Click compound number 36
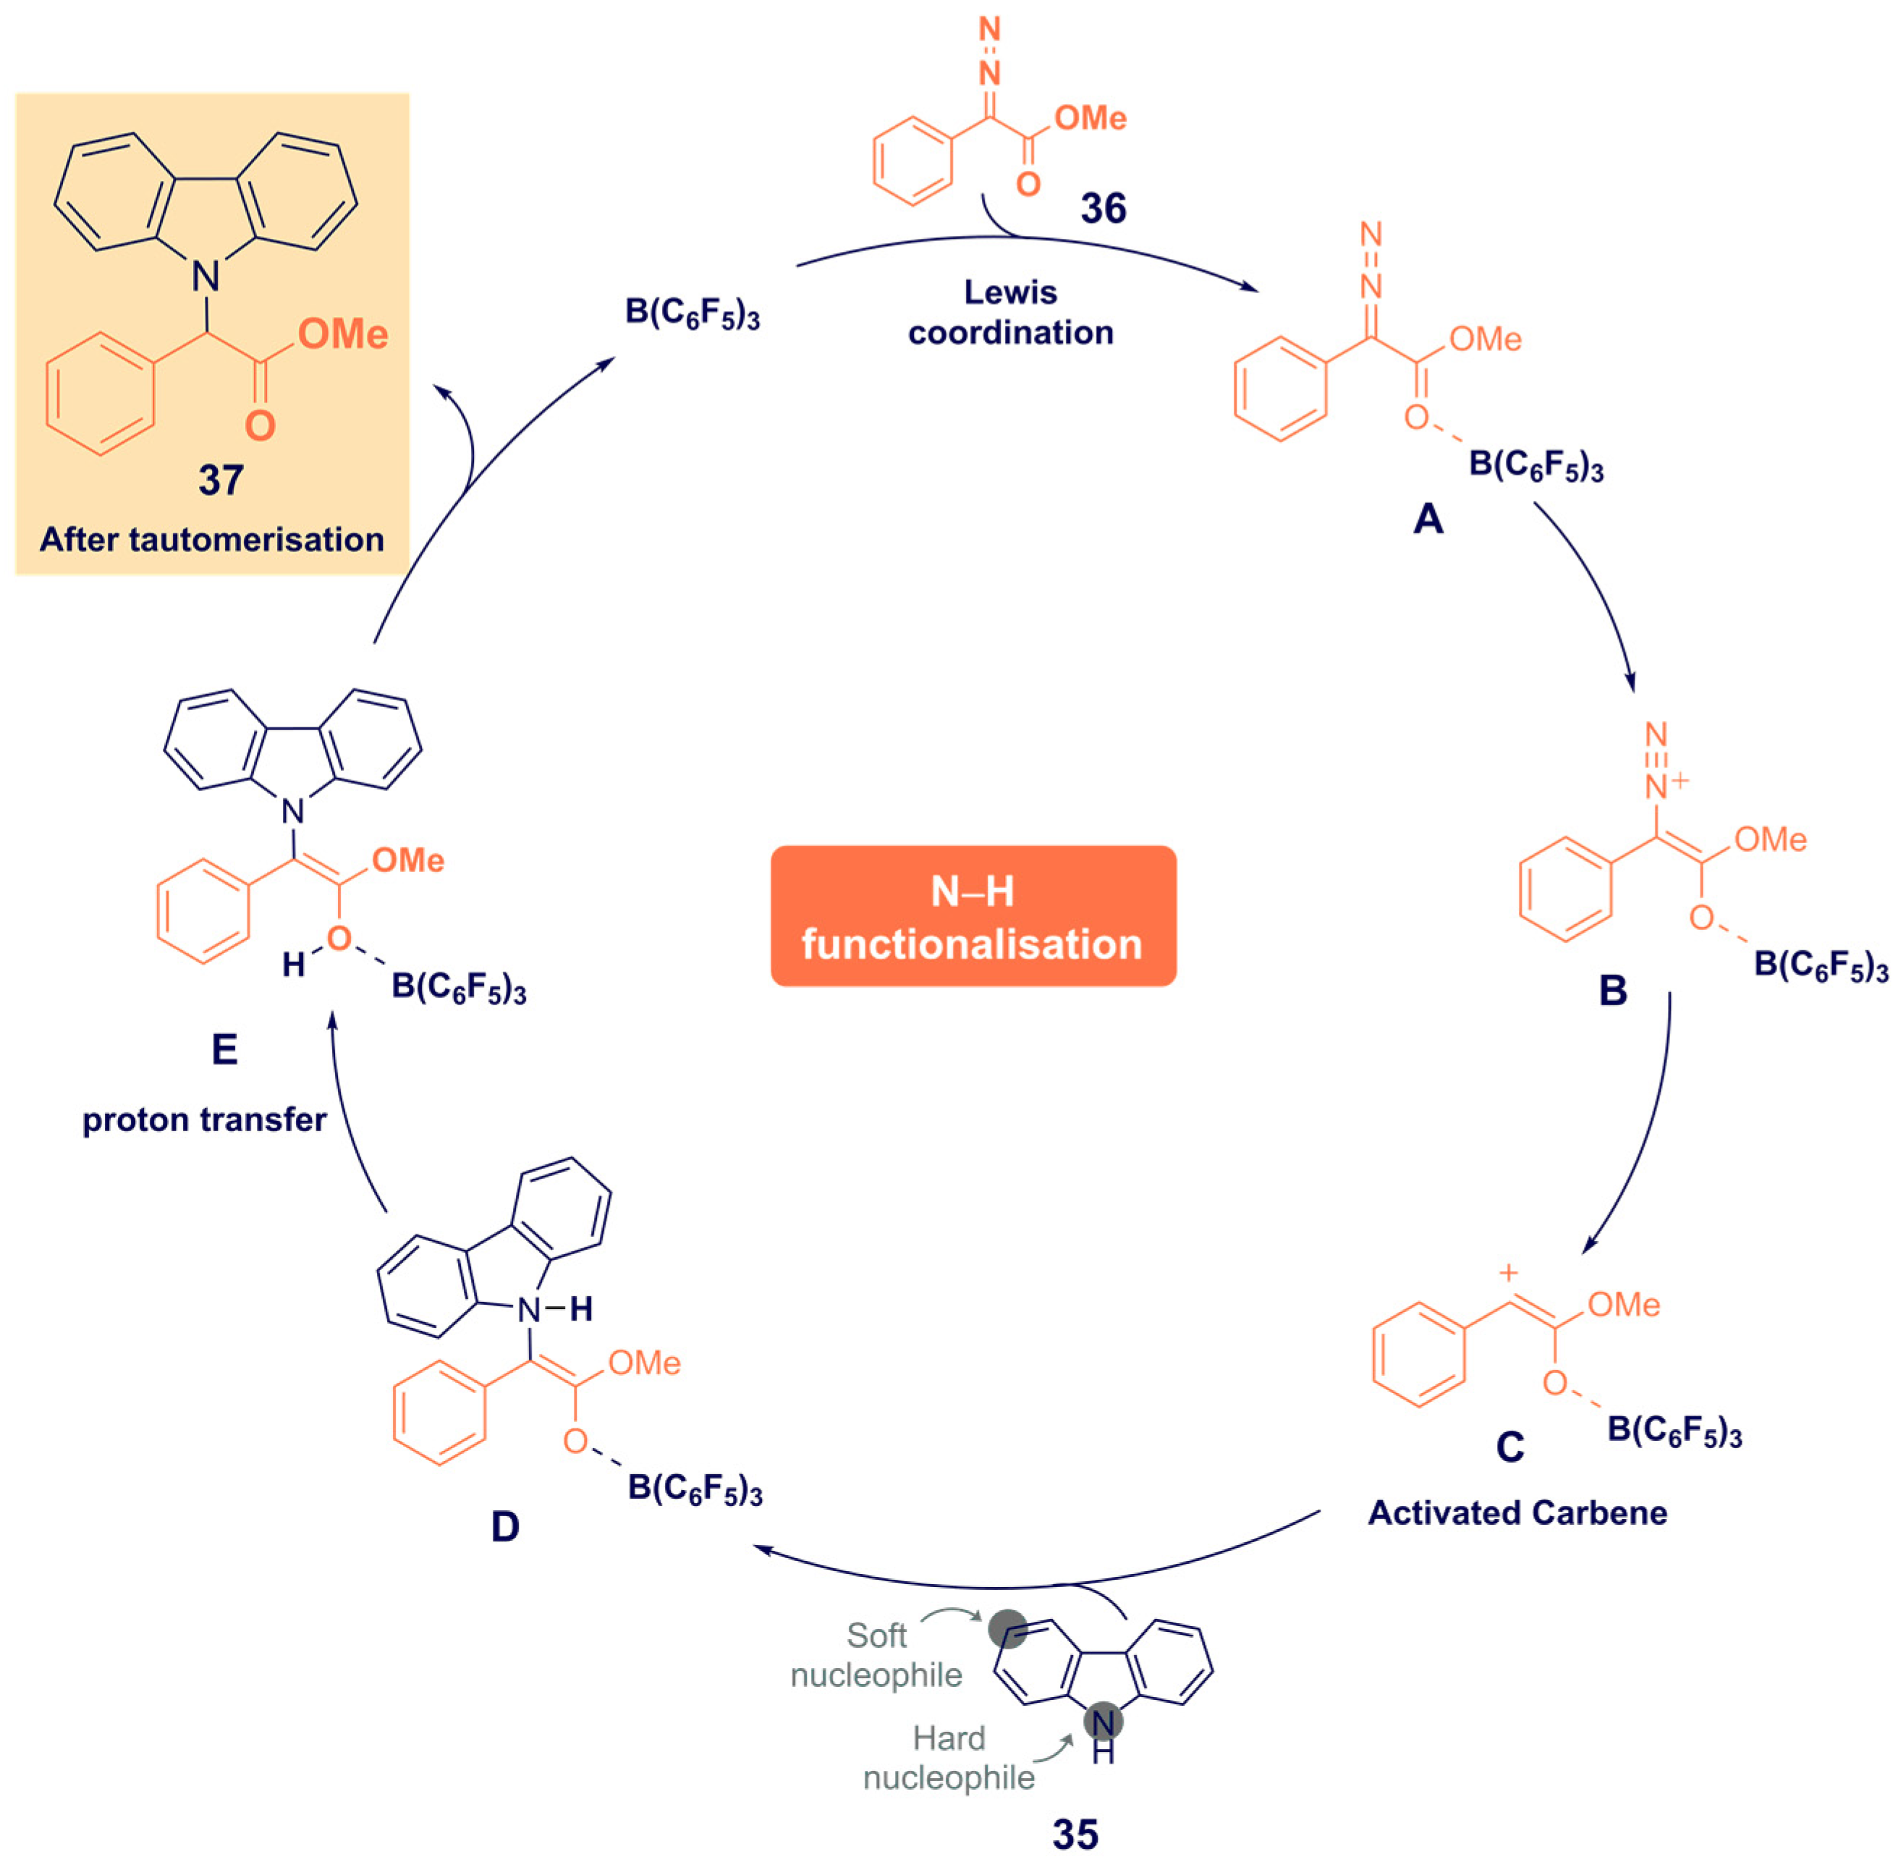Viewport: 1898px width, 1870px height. (x=1103, y=208)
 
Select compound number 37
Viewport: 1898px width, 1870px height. (x=221, y=481)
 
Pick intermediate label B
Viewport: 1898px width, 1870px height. (x=1612, y=991)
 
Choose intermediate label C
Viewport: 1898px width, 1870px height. (x=1509, y=1447)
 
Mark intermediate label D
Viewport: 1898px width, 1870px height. (x=504, y=1526)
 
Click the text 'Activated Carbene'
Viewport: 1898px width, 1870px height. (x=1517, y=1512)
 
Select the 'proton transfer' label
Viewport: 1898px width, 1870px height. (x=204, y=1120)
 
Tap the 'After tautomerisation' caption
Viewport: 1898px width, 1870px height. (x=211, y=539)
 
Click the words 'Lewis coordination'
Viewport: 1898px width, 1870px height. (x=1010, y=313)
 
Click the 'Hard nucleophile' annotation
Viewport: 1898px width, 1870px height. (x=949, y=1758)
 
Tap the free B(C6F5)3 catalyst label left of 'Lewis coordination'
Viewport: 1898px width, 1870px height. (x=692, y=313)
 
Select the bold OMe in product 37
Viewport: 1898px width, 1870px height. (x=343, y=335)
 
